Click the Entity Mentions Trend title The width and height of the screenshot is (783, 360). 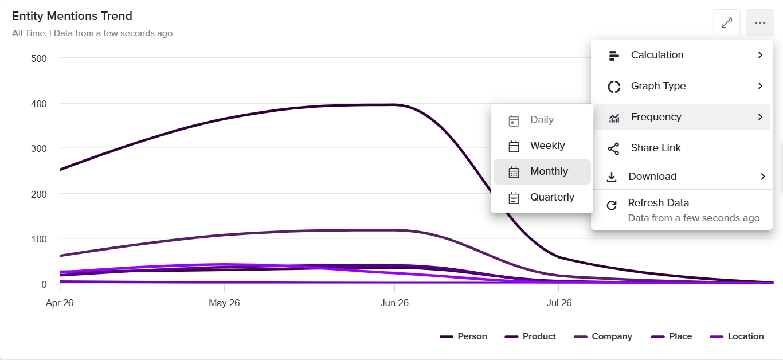tap(72, 16)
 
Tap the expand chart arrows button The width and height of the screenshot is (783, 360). tap(727, 23)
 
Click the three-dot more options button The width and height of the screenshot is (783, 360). tap(759, 23)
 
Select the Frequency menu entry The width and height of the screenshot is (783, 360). tap(682, 117)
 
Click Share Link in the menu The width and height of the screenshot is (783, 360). tap(682, 148)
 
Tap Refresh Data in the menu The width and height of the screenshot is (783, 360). tap(682, 210)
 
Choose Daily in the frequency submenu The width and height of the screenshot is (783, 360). tap(542, 120)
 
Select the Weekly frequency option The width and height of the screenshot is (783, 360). tap(542, 146)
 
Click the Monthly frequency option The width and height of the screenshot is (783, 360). tap(542, 171)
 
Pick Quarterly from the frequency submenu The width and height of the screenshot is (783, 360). tap(542, 197)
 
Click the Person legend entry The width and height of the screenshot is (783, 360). tap(463, 336)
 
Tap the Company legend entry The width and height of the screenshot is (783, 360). tap(603, 336)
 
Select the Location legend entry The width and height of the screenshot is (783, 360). tap(737, 336)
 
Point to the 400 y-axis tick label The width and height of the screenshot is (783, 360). tap(39, 104)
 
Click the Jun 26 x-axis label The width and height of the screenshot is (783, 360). tap(394, 303)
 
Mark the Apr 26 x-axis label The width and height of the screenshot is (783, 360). tap(60, 303)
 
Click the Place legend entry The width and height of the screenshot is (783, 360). tap(671, 336)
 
